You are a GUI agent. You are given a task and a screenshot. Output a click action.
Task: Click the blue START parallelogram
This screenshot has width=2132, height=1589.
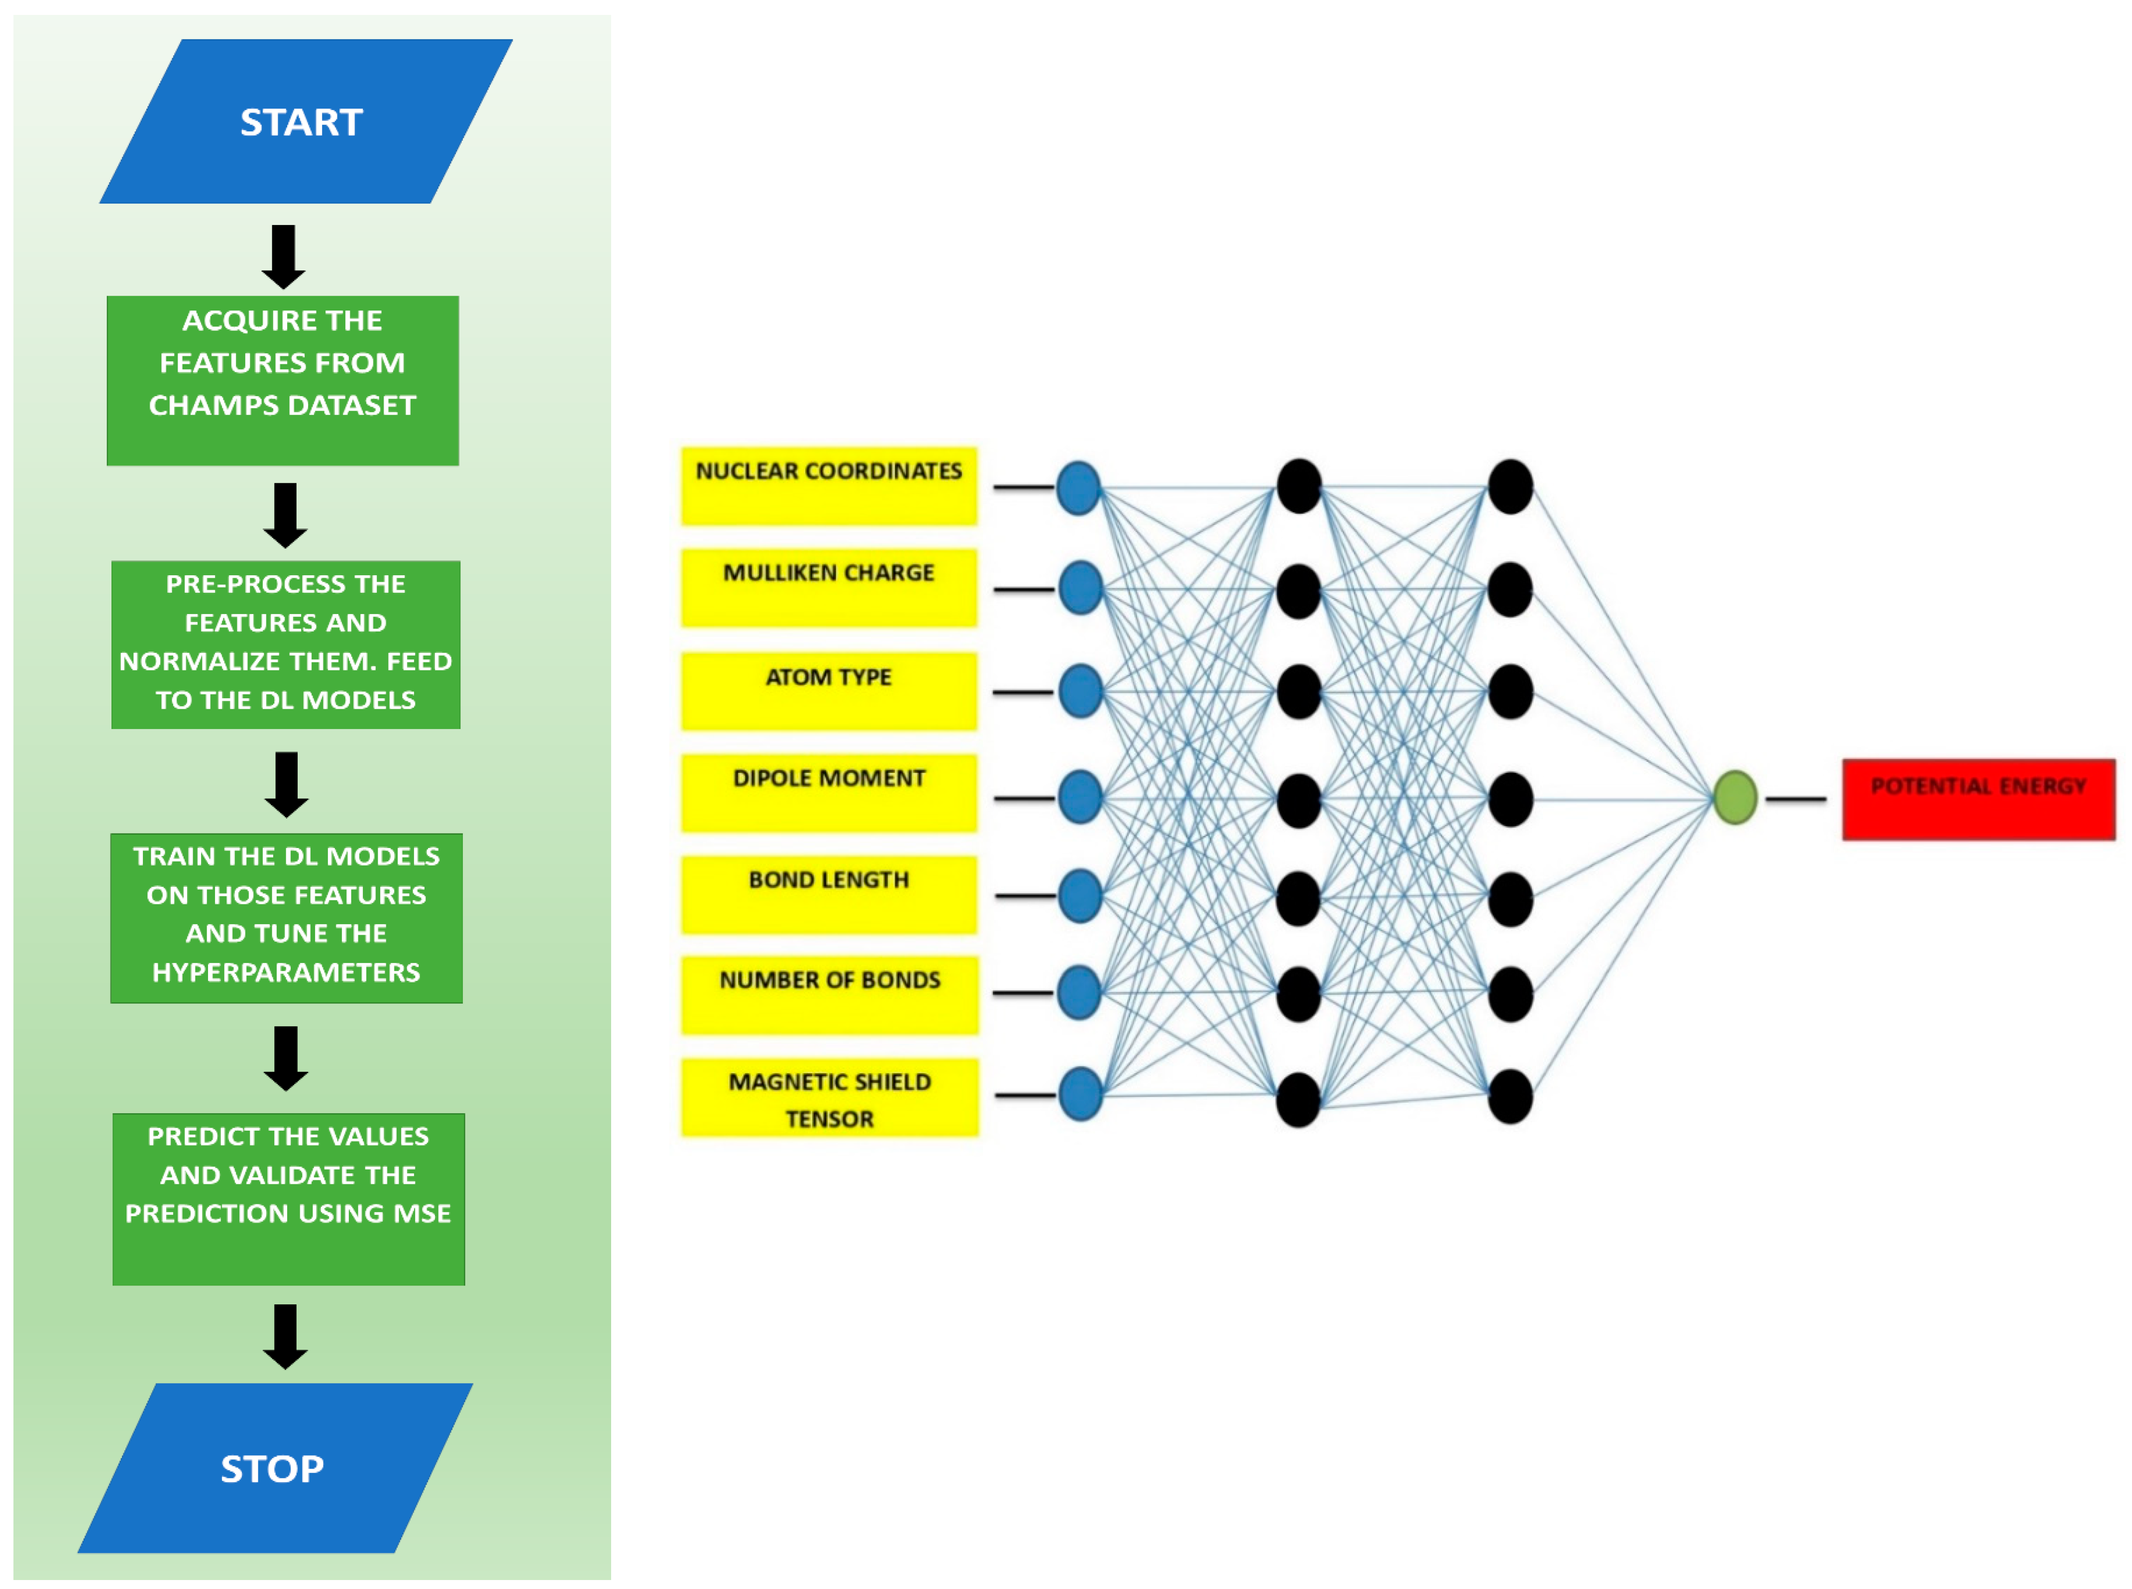(x=306, y=121)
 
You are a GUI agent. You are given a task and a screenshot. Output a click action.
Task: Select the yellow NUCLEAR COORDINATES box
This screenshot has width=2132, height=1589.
(x=829, y=486)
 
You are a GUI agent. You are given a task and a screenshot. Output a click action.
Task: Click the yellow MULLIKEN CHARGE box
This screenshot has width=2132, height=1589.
(x=829, y=588)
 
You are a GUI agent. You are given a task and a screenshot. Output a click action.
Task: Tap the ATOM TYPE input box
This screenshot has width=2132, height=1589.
(x=829, y=691)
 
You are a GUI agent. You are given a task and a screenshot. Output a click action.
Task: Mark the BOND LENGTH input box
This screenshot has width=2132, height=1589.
(x=829, y=895)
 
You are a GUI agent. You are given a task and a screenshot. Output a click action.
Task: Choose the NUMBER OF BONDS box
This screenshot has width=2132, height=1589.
(x=829, y=995)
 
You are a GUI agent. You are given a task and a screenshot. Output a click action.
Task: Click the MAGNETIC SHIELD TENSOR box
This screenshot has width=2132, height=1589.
(x=829, y=1097)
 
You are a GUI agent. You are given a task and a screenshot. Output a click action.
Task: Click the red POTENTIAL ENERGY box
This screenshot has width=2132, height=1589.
(x=1978, y=799)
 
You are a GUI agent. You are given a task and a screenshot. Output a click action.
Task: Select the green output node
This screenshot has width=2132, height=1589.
(x=1735, y=797)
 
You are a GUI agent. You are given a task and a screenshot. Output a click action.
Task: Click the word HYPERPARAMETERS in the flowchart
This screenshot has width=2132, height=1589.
(x=287, y=972)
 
